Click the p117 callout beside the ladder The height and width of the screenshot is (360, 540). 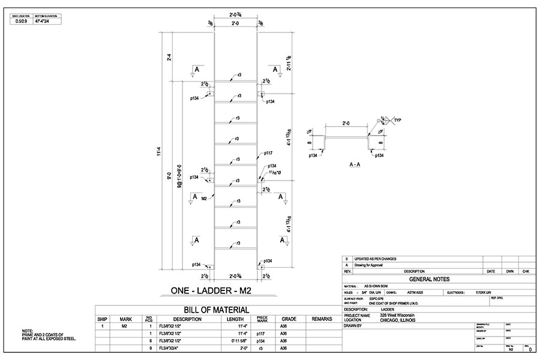[268, 153]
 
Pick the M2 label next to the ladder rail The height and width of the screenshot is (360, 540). [204, 198]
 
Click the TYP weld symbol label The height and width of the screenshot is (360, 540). [398, 121]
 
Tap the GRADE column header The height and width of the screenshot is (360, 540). [289, 319]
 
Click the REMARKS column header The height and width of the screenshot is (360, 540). [322, 319]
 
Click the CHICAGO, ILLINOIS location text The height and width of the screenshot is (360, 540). [398, 320]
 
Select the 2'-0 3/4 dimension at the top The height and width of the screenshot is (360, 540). [236, 13]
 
